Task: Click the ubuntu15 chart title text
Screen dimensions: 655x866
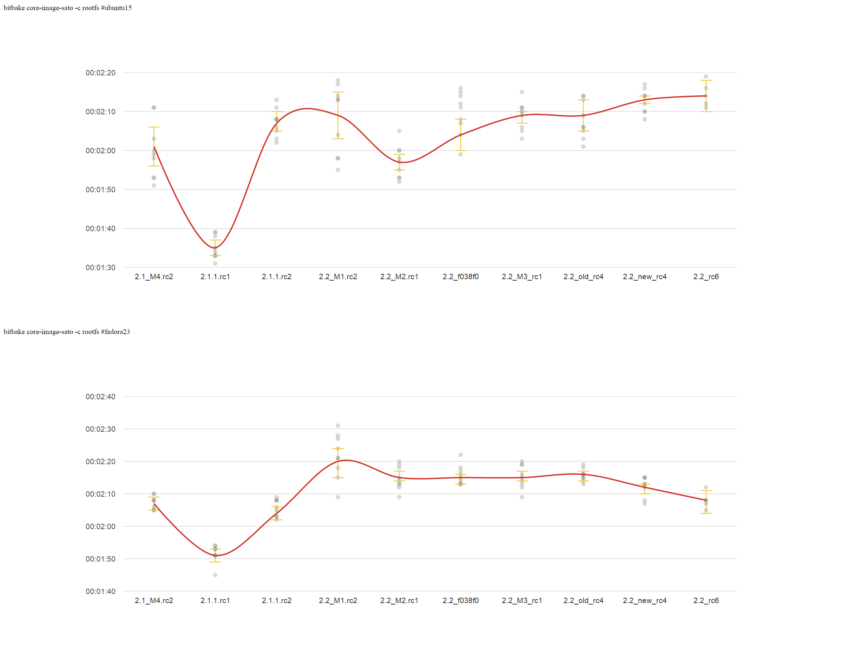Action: tap(67, 8)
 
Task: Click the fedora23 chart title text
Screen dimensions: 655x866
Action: tap(66, 332)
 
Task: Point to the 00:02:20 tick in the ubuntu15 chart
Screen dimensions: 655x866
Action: tap(101, 73)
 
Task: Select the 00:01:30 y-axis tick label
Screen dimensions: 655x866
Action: tap(101, 268)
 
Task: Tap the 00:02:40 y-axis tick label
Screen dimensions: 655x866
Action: tap(101, 397)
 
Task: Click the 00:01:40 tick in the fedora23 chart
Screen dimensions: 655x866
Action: tap(101, 592)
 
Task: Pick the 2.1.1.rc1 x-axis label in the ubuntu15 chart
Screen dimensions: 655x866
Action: tap(215, 277)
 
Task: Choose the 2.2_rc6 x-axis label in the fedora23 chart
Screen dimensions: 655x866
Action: tap(706, 601)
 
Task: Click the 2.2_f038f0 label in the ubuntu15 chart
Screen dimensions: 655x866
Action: tap(460, 277)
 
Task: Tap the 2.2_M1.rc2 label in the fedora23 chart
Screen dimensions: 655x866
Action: tap(338, 601)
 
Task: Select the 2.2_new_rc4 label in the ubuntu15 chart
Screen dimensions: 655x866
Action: tap(644, 277)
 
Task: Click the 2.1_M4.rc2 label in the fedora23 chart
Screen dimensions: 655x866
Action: tap(154, 601)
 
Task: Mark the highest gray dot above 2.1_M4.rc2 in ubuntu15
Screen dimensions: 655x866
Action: tap(154, 107)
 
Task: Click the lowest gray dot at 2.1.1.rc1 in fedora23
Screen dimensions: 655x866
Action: tap(215, 575)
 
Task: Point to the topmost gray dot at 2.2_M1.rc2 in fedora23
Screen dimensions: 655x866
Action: tap(338, 426)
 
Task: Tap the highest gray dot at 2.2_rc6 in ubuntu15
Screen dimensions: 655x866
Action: tap(706, 77)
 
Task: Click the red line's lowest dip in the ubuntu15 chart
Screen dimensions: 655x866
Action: tap(215, 248)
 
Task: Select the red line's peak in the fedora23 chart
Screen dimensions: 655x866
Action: tap(346, 461)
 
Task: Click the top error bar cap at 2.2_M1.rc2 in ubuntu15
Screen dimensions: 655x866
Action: tap(338, 92)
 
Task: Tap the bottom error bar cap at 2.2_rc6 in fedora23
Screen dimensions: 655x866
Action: tap(706, 513)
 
